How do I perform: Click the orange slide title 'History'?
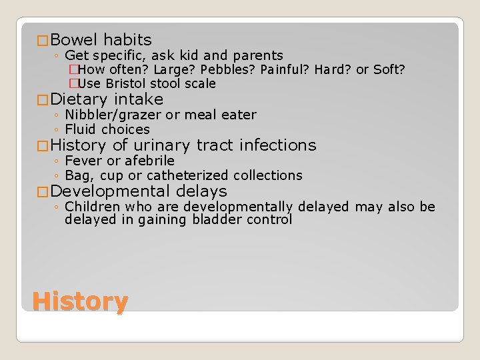click(x=79, y=302)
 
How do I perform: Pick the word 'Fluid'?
click(x=81, y=129)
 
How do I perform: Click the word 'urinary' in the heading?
click(x=162, y=145)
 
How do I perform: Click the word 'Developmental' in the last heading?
click(x=103, y=192)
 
